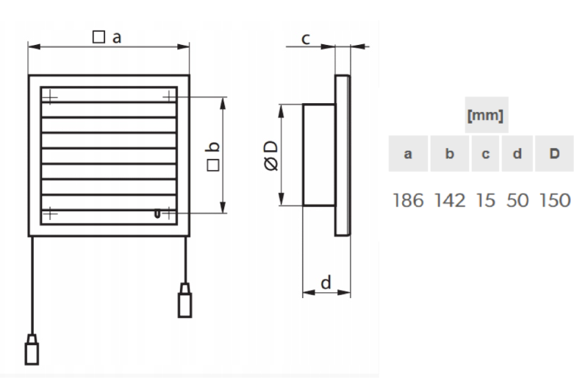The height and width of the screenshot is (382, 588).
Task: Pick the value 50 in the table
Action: coord(517,199)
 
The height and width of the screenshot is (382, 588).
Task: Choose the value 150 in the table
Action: coord(554,199)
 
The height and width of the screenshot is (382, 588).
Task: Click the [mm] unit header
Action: coord(484,116)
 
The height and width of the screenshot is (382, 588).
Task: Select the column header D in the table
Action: coord(554,155)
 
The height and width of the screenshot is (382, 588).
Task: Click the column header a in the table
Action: coord(407,155)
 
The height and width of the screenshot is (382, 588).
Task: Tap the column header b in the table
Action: coord(450,155)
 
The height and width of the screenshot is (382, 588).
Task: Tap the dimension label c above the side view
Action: coord(306,38)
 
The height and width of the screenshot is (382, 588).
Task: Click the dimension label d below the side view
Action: coord(326,280)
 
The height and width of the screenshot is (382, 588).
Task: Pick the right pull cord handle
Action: coord(184,299)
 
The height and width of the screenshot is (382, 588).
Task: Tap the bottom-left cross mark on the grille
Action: coord(49,213)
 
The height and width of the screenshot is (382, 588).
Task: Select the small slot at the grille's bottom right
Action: coord(157,214)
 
